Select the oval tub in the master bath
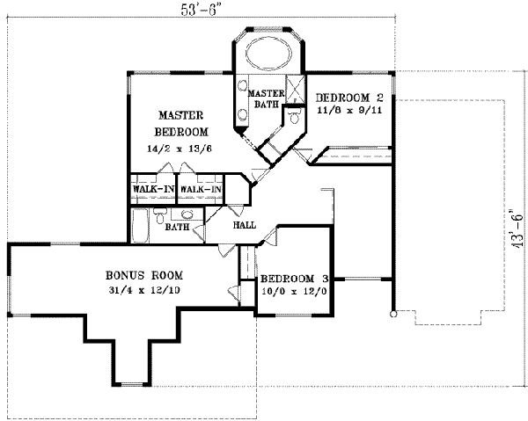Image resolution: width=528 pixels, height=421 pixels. click(269, 54)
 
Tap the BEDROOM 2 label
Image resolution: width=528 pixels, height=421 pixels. click(350, 97)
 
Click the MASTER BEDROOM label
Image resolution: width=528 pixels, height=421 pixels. click(182, 123)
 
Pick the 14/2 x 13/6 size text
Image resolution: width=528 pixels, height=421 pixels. click(180, 149)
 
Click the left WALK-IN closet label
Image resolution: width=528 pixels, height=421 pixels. click(153, 189)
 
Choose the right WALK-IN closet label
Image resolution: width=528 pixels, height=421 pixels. click(200, 189)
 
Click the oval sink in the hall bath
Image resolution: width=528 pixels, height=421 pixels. click(187, 215)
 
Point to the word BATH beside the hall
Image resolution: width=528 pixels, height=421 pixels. click(178, 228)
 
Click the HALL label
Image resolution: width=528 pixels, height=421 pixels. click(244, 225)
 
